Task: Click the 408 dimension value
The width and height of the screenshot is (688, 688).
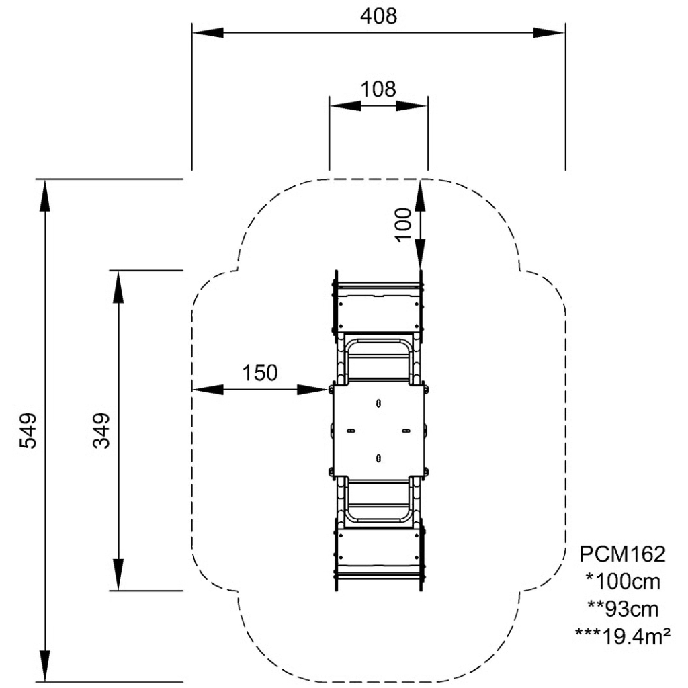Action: tap(378, 15)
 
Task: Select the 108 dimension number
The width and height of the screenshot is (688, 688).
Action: tap(378, 89)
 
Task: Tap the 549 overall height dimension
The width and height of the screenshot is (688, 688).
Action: tap(28, 431)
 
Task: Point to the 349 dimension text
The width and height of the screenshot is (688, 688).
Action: tap(101, 431)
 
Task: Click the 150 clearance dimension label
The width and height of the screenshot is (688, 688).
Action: tap(259, 374)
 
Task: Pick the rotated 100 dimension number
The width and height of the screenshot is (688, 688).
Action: tap(402, 223)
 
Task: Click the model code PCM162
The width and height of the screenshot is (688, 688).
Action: tap(622, 554)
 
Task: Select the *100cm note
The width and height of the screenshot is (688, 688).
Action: tap(622, 580)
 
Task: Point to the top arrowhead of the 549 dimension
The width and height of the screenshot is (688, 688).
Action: tap(45, 195)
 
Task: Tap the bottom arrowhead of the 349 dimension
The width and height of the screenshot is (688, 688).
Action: tap(118, 575)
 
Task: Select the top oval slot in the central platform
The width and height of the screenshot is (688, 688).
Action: tap(379, 403)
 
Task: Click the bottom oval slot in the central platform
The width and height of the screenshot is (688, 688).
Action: tap(379, 458)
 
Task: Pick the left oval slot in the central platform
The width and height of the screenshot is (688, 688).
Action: tap(350, 430)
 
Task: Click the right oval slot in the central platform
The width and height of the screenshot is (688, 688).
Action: tap(405, 430)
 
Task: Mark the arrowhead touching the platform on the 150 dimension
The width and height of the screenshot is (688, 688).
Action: tap(316, 389)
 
